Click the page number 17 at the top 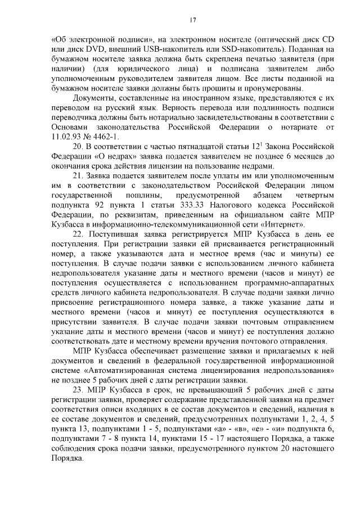[192, 21]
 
